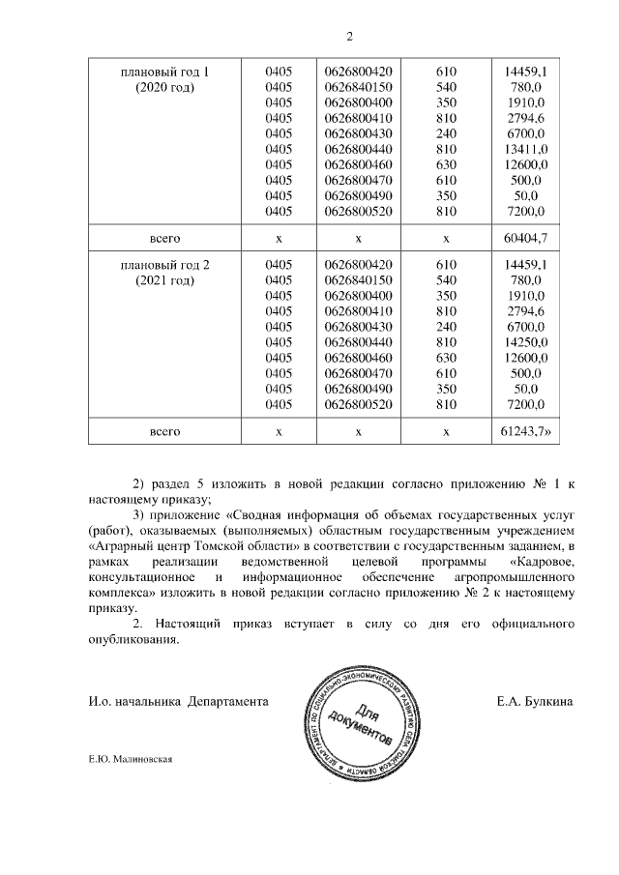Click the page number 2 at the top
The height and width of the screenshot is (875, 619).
click(x=350, y=37)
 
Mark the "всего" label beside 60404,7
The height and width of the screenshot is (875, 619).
click(x=164, y=237)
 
